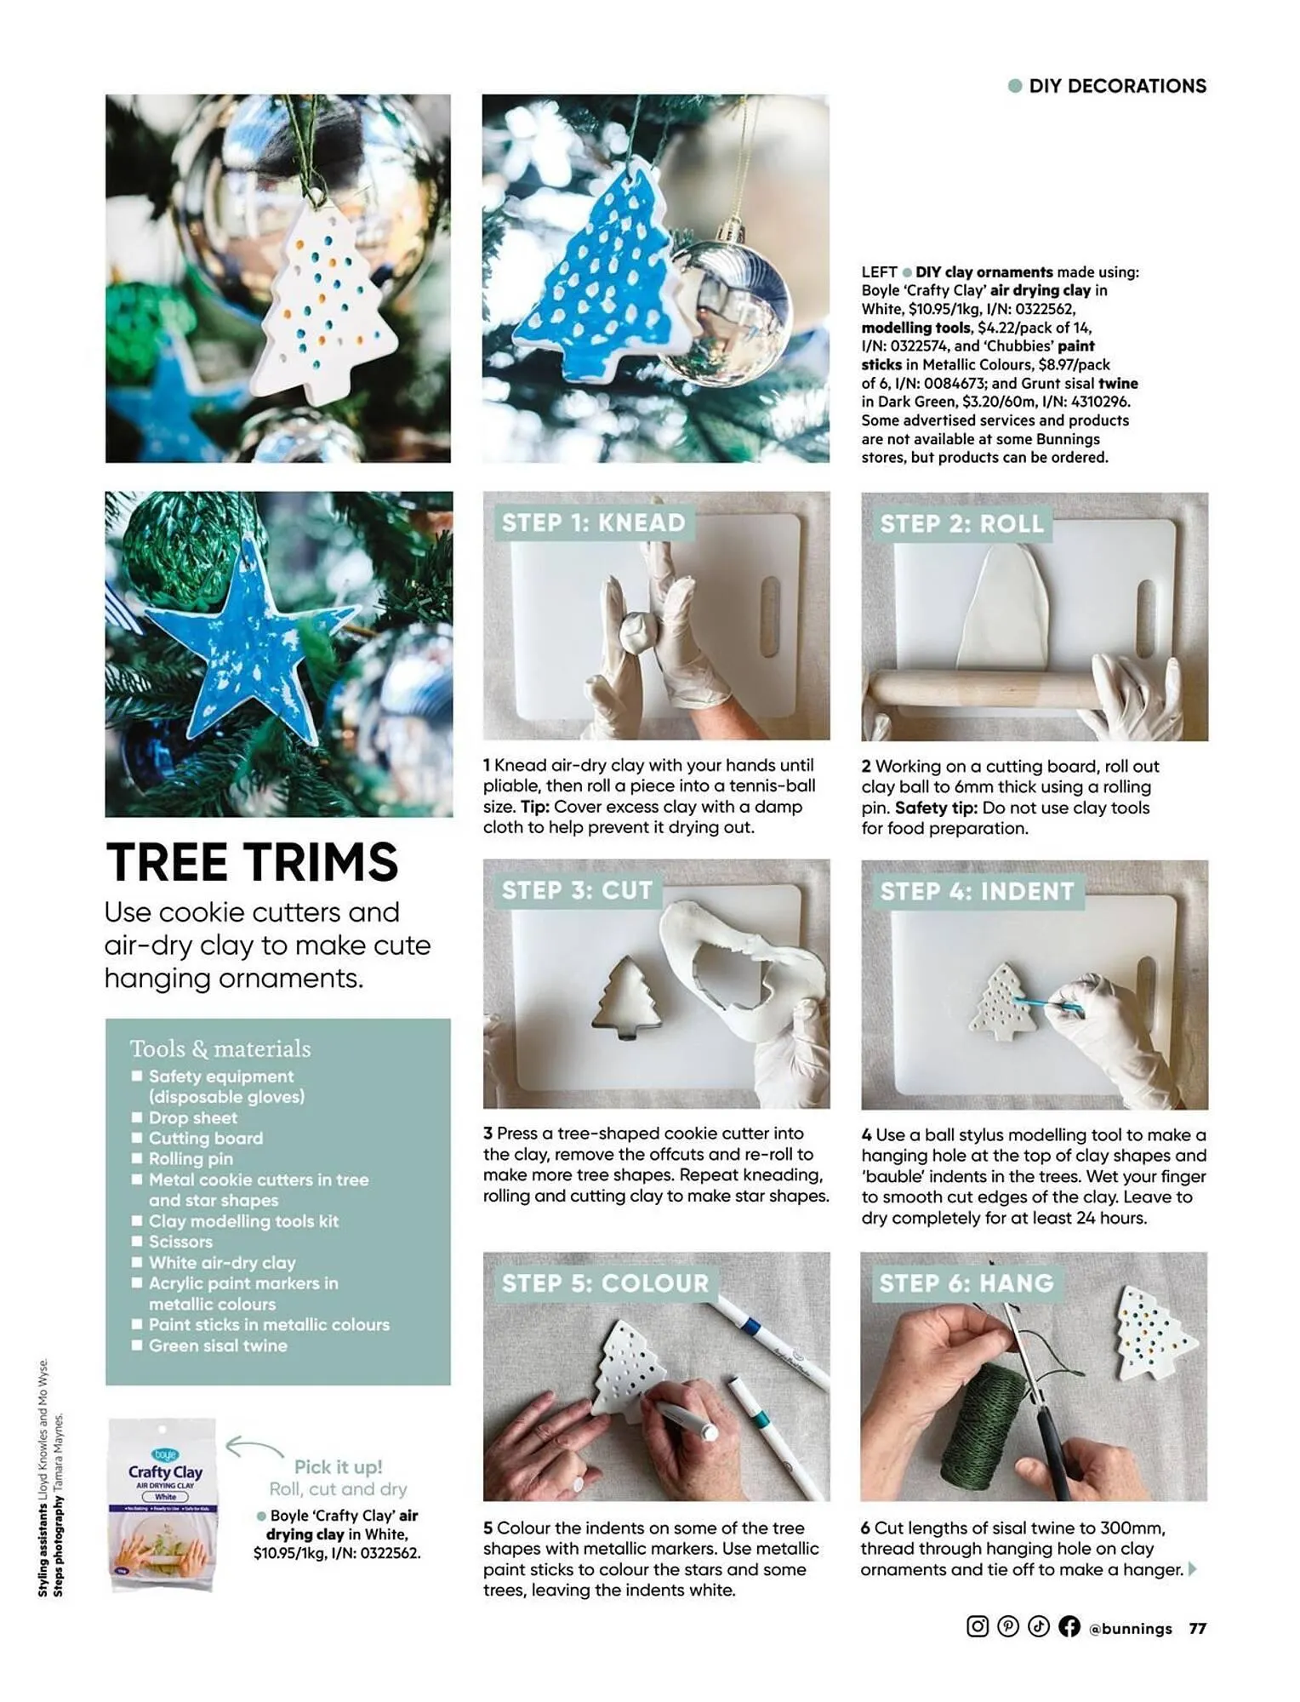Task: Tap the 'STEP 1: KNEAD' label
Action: (593, 523)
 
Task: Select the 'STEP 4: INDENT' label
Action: (977, 891)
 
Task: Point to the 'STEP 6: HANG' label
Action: (966, 1283)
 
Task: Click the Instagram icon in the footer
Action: (978, 1626)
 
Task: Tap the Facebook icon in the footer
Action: (1069, 1626)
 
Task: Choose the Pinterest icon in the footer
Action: (1008, 1626)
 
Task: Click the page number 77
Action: (1197, 1628)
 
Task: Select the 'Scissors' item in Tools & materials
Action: (180, 1242)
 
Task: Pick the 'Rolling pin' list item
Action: (191, 1158)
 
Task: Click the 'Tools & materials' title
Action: (220, 1048)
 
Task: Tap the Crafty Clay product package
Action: (163, 1505)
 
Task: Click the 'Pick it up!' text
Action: (338, 1466)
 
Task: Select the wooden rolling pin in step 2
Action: (978, 689)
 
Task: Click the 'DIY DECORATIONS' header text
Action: (1116, 86)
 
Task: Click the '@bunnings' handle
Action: (1130, 1628)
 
